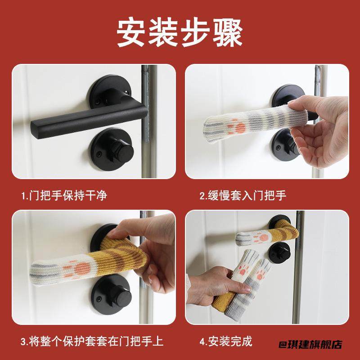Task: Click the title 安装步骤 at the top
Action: [180, 32]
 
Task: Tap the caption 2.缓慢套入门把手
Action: [243, 195]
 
